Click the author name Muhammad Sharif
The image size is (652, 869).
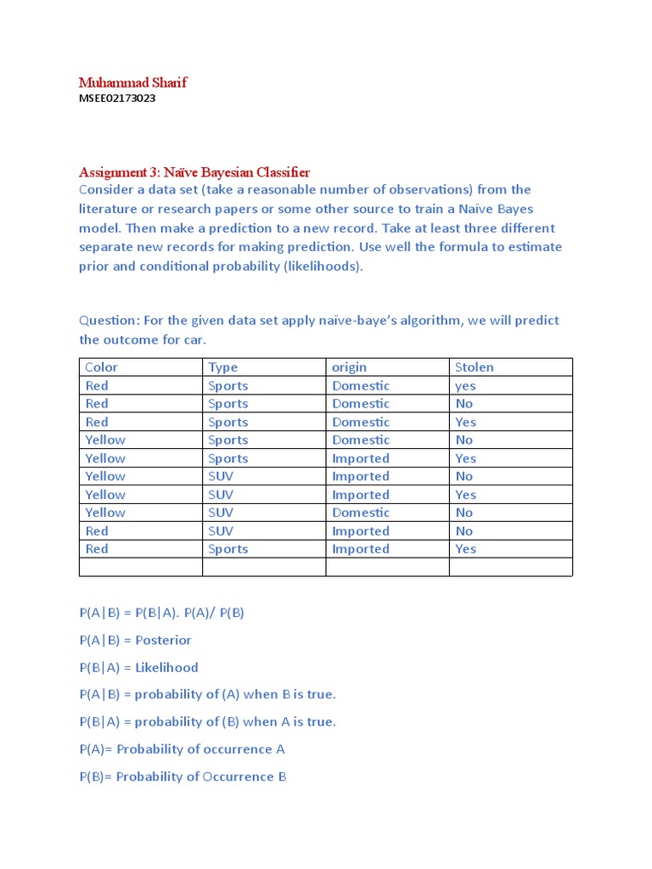(132, 82)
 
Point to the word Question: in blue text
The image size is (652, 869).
(108, 321)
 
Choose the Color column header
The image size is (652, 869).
(102, 367)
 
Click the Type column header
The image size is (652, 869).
(223, 367)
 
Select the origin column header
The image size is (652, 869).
(350, 367)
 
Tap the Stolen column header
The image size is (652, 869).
(474, 367)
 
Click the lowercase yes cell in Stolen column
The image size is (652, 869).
(465, 386)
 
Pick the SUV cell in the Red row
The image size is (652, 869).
(221, 531)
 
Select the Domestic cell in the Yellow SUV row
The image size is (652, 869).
(361, 513)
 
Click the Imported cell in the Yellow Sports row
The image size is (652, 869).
(361, 458)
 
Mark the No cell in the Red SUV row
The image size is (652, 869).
(464, 531)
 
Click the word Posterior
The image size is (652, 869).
(164, 640)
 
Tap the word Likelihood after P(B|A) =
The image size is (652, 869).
(166, 667)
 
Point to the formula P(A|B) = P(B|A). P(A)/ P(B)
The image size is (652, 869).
(161, 613)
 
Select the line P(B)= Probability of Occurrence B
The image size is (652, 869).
(183, 776)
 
